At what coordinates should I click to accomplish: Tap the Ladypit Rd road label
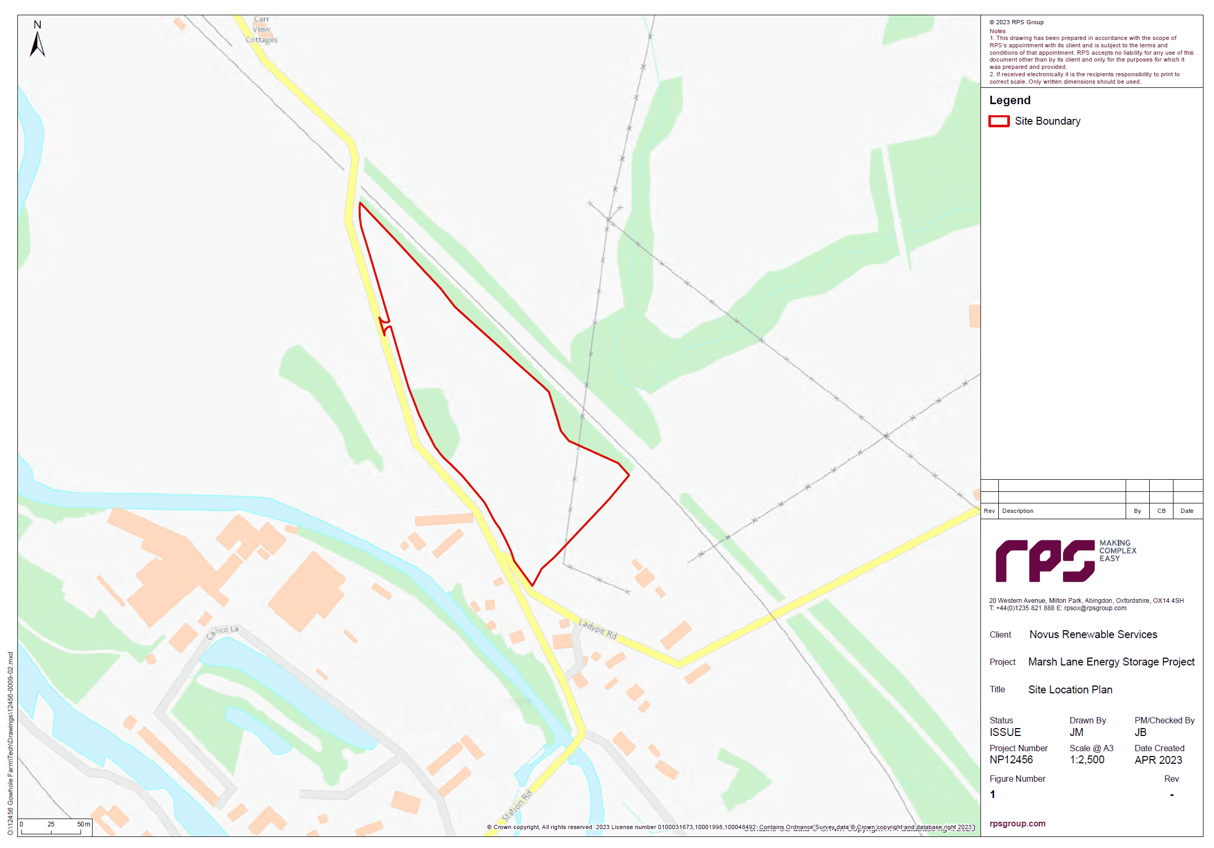click(x=598, y=629)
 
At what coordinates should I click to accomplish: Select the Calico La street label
click(x=222, y=631)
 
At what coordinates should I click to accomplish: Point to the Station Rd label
click(x=517, y=805)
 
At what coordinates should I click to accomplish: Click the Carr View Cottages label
click(x=261, y=29)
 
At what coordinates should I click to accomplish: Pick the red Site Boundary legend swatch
click(x=998, y=122)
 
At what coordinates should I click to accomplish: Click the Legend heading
click(x=1009, y=100)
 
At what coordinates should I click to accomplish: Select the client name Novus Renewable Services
click(x=1092, y=634)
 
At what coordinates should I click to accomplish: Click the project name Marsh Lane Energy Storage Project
click(x=1110, y=662)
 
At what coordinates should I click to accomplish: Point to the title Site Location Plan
click(x=1070, y=690)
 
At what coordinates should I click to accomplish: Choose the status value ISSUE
click(x=1005, y=732)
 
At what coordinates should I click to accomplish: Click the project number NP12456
click(x=1010, y=760)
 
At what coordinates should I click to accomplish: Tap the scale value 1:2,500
click(x=1087, y=760)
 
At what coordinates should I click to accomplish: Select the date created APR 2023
click(x=1157, y=760)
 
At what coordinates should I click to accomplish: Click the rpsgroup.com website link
click(x=1017, y=824)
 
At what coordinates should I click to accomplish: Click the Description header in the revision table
click(x=1017, y=511)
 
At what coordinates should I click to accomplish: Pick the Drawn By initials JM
click(x=1076, y=732)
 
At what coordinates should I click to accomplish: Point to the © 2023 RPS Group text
click(x=1016, y=22)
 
